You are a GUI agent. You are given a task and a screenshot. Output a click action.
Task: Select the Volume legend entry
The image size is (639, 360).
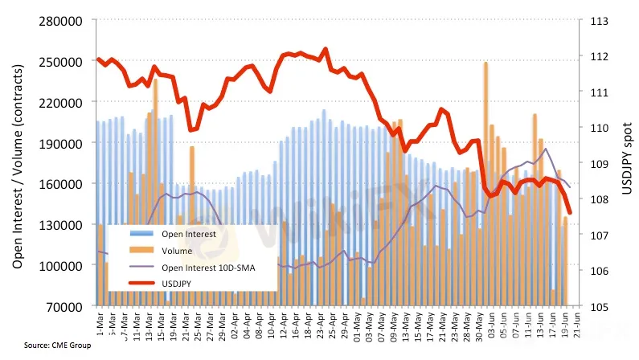pyautogui.click(x=177, y=251)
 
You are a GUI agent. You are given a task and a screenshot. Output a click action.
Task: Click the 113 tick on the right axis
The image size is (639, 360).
pyautogui.click(x=600, y=21)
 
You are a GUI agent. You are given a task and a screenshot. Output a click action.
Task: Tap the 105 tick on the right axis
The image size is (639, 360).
pyautogui.click(x=600, y=306)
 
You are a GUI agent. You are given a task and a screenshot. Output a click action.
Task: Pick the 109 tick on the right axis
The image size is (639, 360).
pyautogui.click(x=600, y=164)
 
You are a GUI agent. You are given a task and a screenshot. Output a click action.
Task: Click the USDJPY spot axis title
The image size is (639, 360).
pyautogui.click(x=626, y=157)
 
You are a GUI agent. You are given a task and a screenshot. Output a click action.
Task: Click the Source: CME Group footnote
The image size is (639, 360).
pyautogui.click(x=57, y=346)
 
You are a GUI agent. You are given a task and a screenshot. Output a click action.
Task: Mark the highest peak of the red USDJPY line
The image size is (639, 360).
pyautogui.click(x=325, y=49)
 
